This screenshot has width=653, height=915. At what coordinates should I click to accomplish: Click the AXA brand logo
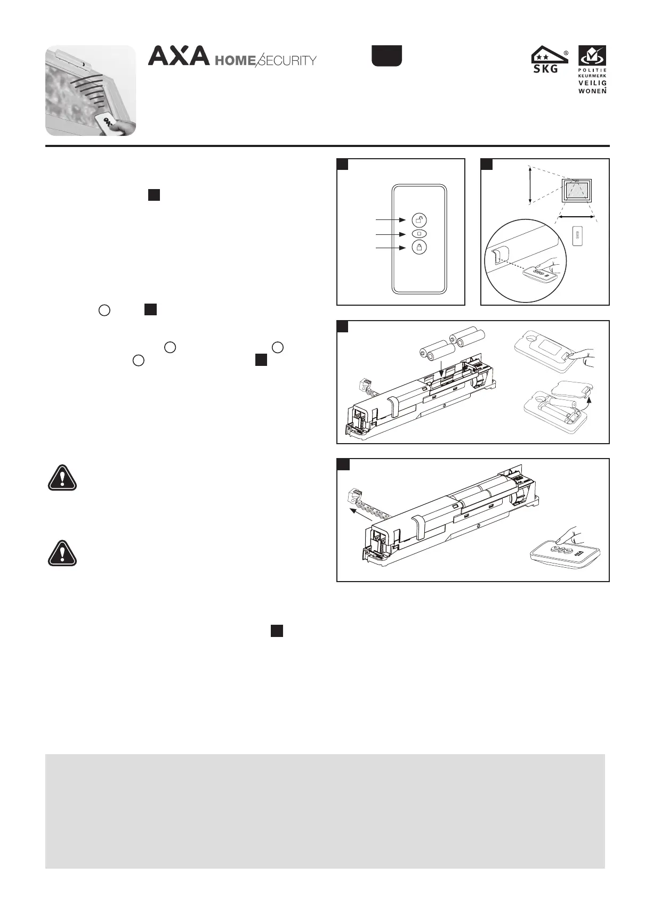179,56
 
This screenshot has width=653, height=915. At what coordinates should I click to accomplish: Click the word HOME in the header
235,61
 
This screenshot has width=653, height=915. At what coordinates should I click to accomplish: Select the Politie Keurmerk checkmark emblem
592,56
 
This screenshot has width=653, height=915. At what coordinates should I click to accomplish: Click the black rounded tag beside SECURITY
386,56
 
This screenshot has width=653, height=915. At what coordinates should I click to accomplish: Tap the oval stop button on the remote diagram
419,234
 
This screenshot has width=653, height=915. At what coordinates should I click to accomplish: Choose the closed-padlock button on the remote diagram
419,248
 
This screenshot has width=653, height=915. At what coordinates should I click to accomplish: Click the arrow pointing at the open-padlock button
391,219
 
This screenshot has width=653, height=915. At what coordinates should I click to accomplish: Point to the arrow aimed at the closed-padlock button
391,248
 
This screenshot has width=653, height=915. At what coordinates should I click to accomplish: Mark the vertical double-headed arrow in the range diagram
529,185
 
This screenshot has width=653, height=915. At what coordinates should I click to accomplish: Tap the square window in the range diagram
577,190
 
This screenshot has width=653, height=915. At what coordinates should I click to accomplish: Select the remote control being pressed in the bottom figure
565,554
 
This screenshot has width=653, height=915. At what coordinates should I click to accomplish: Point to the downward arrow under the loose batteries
441,367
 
